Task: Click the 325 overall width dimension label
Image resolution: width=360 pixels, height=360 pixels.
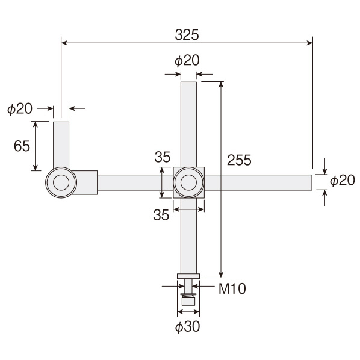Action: click(x=187, y=35)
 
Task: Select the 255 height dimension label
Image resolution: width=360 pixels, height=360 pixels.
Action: click(x=239, y=160)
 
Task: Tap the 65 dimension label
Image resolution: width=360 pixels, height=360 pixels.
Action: click(x=22, y=146)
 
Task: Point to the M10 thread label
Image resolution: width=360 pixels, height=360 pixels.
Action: click(x=232, y=288)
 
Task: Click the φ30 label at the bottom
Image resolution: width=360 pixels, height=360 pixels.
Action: click(x=188, y=326)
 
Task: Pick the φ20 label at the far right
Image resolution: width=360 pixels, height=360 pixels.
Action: click(x=343, y=180)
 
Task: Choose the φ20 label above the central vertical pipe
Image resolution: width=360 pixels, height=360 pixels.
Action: click(x=187, y=61)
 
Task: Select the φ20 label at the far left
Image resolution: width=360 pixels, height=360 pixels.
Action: click(x=20, y=108)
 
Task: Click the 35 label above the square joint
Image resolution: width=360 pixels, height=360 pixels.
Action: click(x=163, y=157)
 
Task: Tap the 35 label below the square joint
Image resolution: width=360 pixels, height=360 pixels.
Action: click(x=161, y=215)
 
